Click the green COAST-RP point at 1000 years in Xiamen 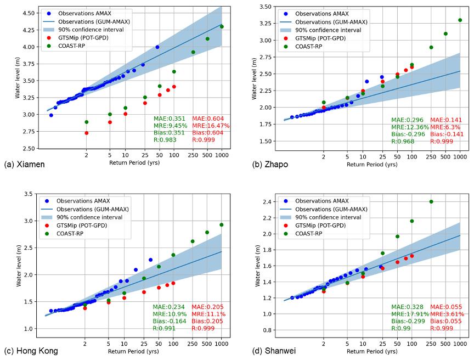pos(222,26)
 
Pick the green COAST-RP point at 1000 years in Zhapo pos(460,20)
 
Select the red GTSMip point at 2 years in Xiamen pos(87,133)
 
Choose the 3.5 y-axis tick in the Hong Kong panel pos(31,194)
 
